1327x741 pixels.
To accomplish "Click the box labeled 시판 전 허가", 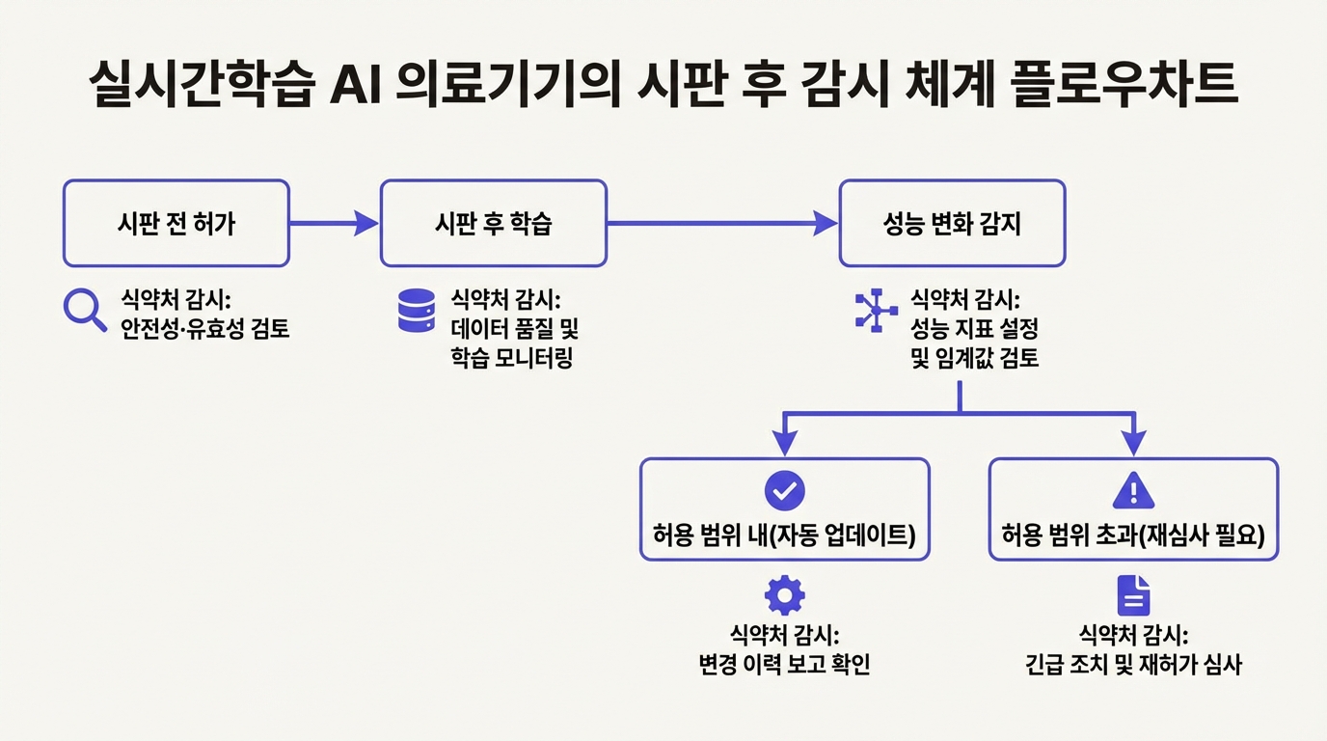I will [176, 223].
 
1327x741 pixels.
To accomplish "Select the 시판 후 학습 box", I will [493, 223].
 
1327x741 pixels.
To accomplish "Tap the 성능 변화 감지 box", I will [952, 223].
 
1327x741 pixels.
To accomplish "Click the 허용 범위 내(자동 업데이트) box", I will [784, 509].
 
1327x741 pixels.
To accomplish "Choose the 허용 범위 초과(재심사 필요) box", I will [1133, 509].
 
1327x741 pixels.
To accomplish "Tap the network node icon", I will [876, 311].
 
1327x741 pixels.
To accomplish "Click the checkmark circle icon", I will [784, 490].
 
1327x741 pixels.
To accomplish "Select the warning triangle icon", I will [1133, 491].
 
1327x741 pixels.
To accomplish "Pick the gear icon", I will [784, 595].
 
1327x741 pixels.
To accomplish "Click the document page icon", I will [1133, 595].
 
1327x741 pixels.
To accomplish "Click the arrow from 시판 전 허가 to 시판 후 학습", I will [334, 224].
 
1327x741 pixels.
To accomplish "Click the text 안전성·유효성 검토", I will [205, 329].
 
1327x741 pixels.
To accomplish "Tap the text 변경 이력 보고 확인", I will [784, 665].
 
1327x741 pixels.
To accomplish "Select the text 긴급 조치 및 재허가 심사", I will [1133, 665].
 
